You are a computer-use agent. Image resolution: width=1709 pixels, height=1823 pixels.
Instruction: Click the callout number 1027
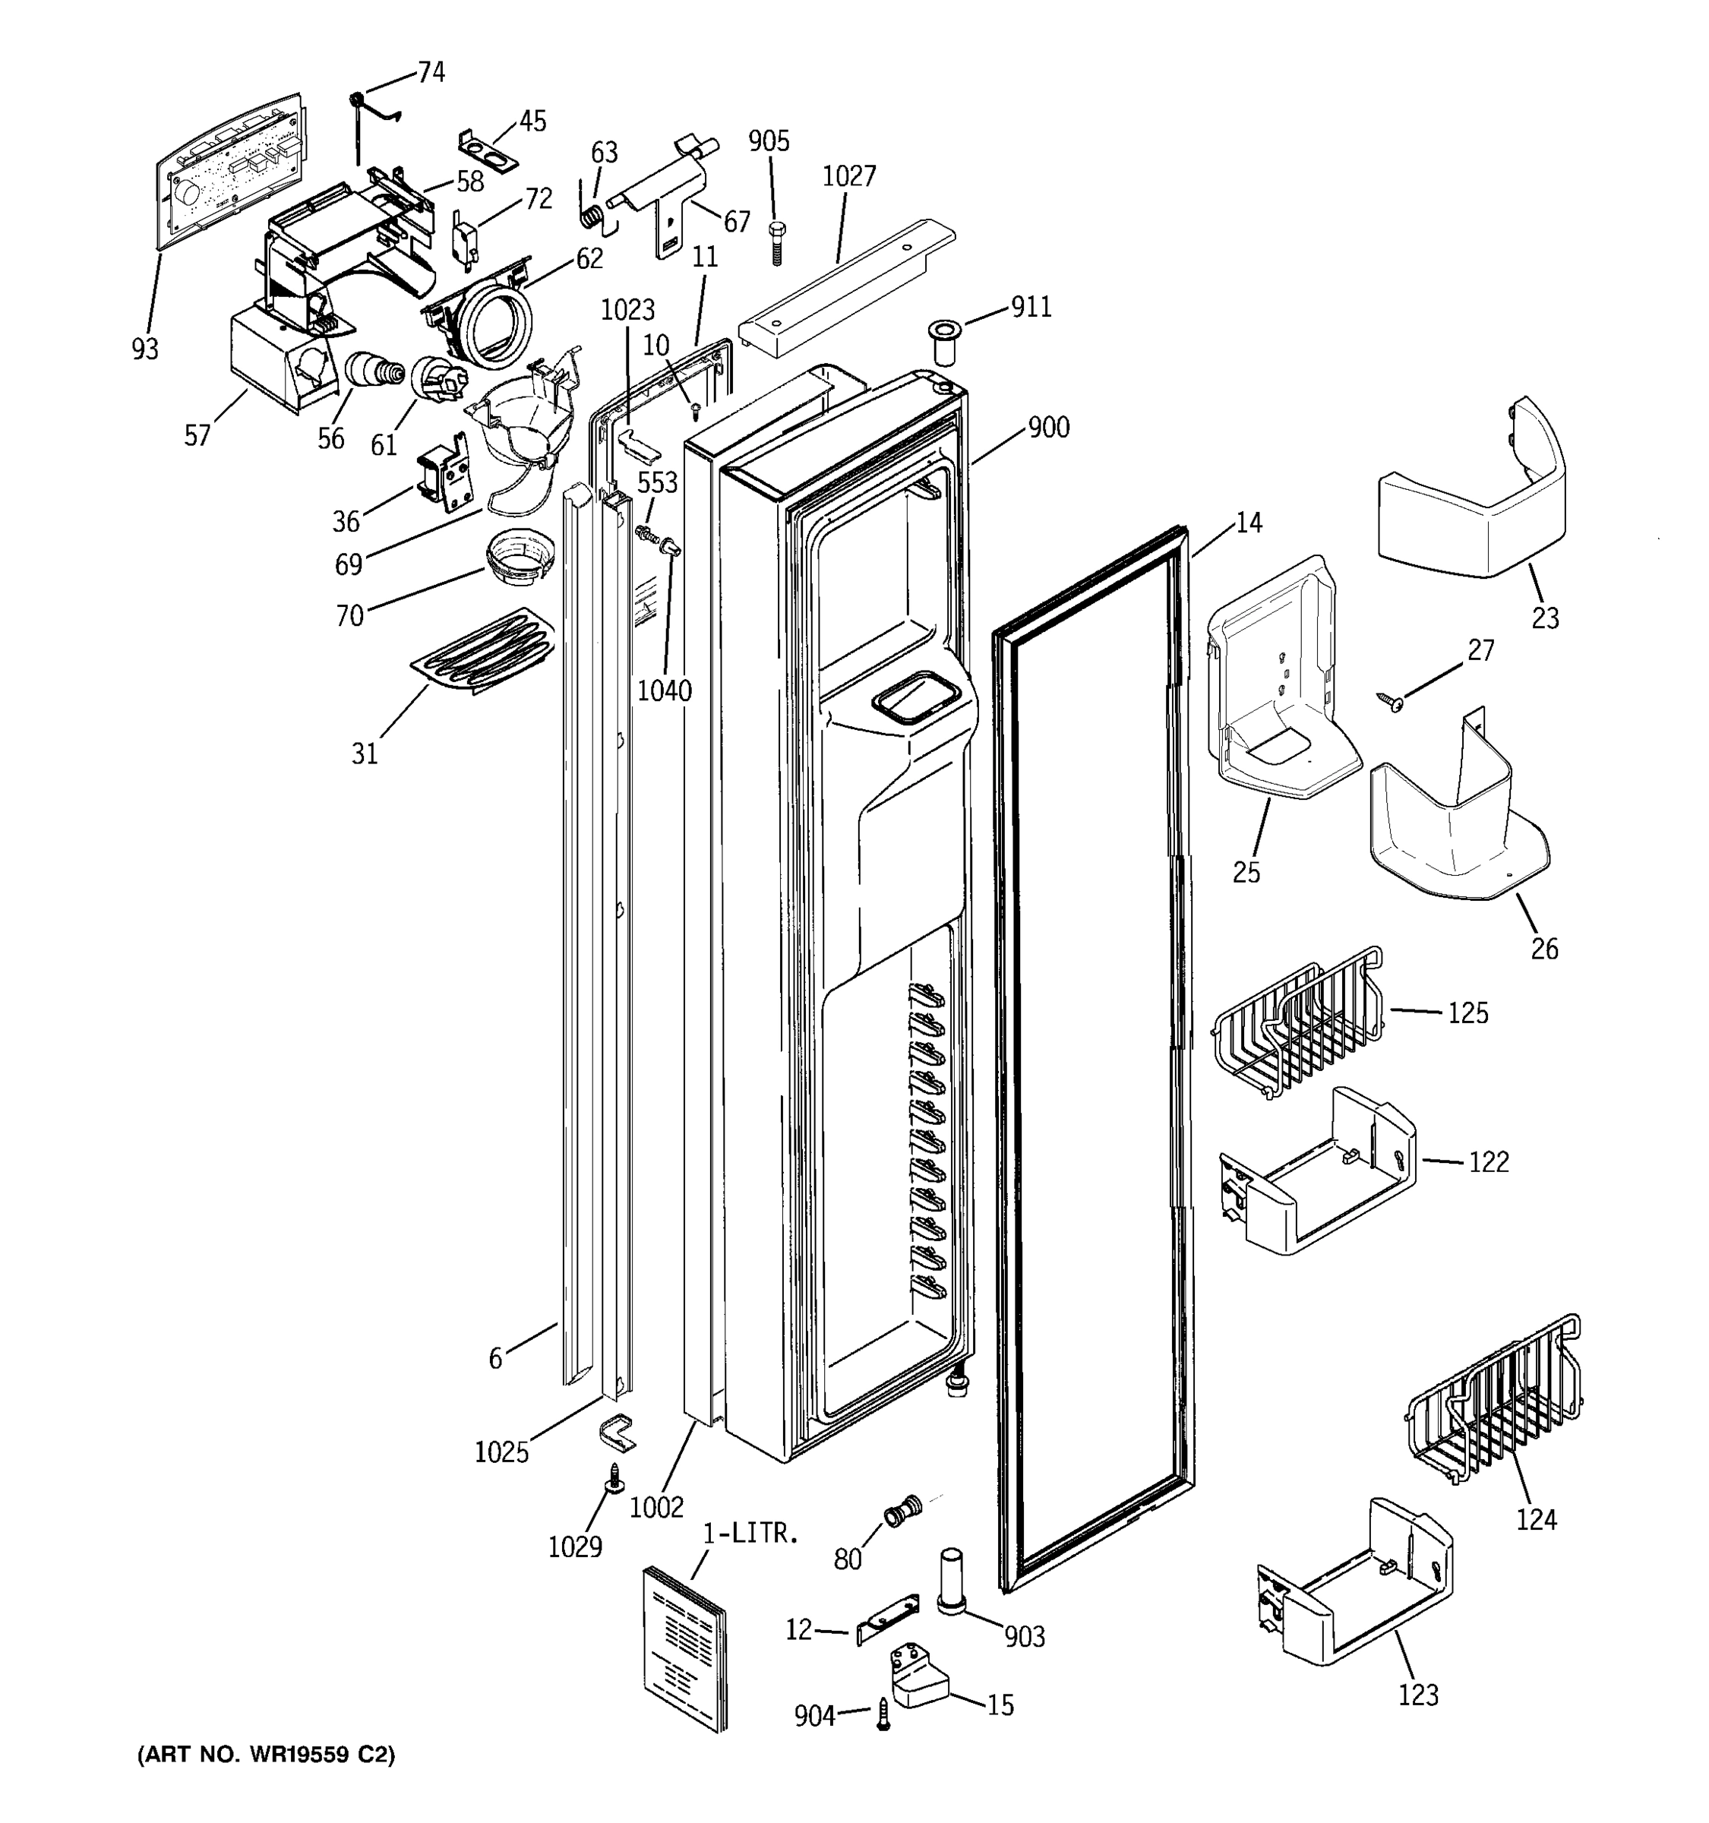click(x=848, y=176)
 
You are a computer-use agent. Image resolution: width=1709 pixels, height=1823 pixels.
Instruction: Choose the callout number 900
click(x=1048, y=428)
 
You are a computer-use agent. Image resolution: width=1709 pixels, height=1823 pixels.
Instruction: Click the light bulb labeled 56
click(x=373, y=371)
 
